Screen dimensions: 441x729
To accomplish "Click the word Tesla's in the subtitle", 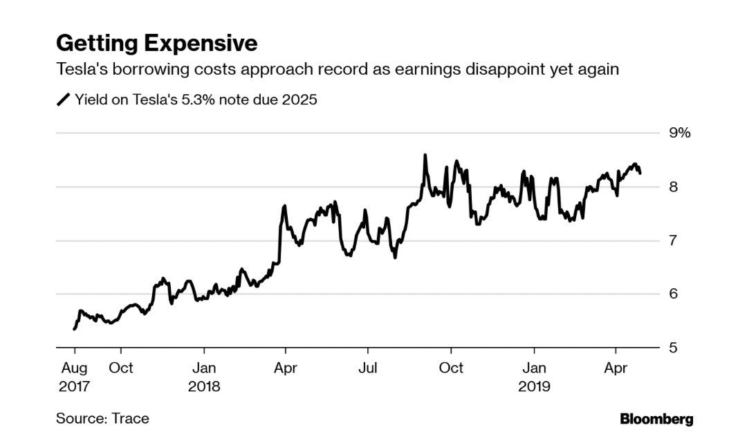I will [x=79, y=70].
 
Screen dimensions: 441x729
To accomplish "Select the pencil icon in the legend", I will [x=63, y=100].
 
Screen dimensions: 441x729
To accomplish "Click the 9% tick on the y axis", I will [x=679, y=133].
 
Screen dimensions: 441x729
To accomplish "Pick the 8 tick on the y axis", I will [x=672, y=187].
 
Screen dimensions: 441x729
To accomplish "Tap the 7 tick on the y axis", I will [x=672, y=241].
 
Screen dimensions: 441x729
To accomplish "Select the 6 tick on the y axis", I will [x=672, y=294].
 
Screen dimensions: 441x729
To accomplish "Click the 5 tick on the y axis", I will [x=672, y=348].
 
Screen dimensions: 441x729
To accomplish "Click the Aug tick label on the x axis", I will [x=74, y=368].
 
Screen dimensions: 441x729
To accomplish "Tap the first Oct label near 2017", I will [x=122, y=368].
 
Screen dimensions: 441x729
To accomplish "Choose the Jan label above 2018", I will [x=203, y=368].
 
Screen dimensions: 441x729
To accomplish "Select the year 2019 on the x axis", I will [x=534, y=386].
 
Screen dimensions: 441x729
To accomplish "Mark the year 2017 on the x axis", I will [x=74, y=386].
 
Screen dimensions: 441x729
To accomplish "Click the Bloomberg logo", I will [x=656, y=419].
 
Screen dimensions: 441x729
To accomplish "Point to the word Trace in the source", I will [x=131, y=418].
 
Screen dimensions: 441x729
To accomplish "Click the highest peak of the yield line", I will [x=425, y=156].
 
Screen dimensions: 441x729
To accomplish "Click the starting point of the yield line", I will [x=74, y=329].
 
